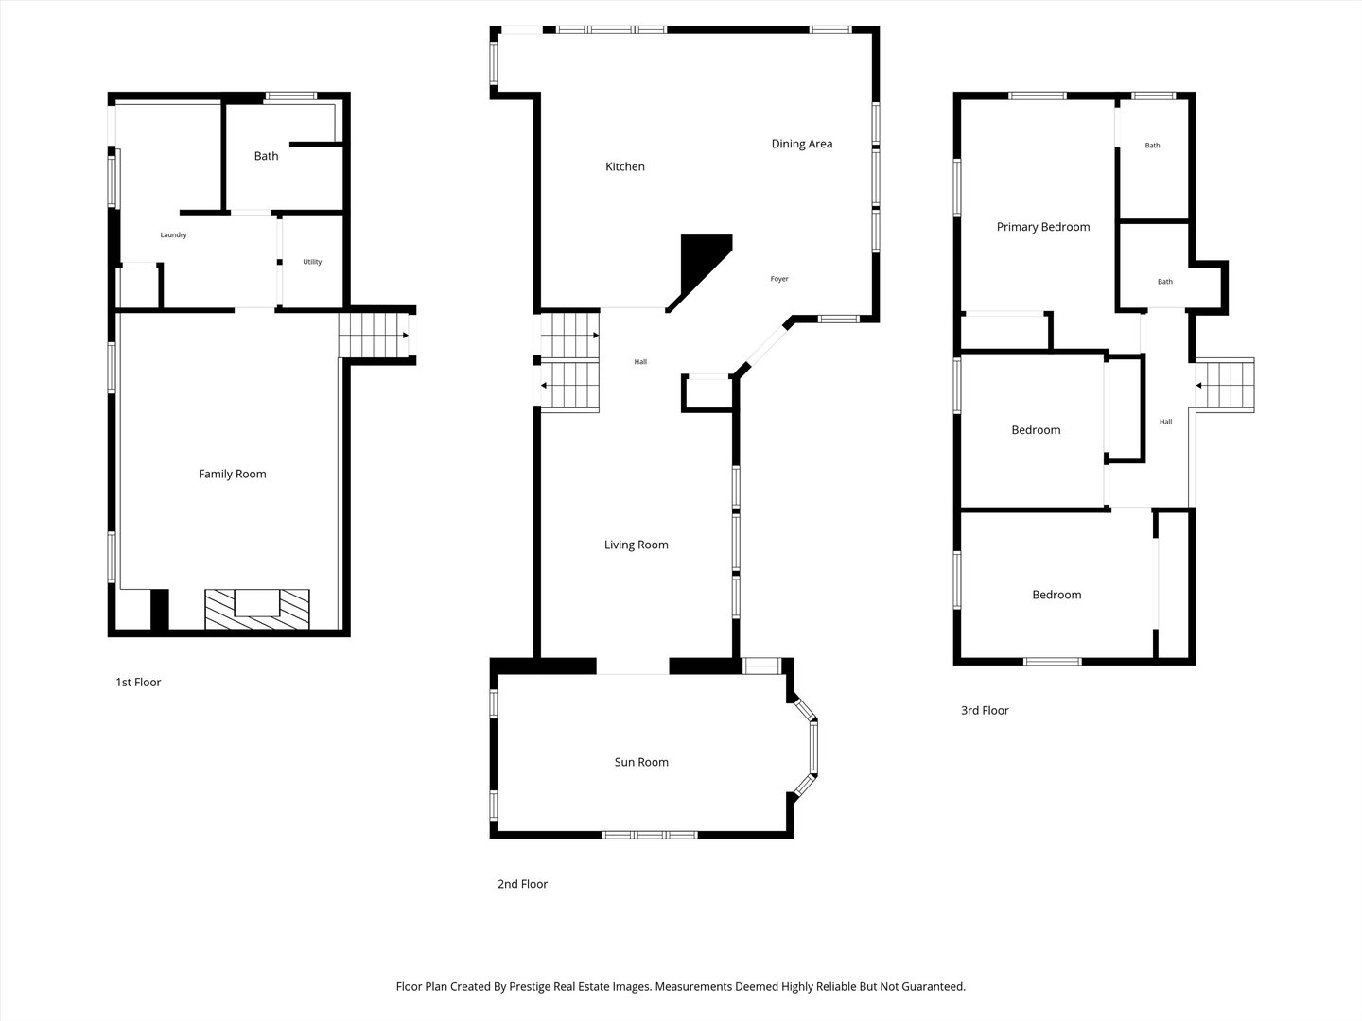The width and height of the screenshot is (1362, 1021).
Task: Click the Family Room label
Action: [x=232, y=475]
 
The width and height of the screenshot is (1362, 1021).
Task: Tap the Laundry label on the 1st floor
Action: [x=173, y=235]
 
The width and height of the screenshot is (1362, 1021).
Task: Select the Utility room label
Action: [x=312, y=262]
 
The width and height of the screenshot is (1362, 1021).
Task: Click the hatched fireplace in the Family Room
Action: [x=257, y=609]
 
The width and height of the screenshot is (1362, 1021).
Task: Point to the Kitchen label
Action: [x=625, y=166]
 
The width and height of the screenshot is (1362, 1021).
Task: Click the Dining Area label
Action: [x=802, y=144]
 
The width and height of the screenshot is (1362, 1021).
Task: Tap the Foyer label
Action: [x=779, y=279]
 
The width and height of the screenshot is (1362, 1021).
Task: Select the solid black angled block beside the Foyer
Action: [x=701, y=267]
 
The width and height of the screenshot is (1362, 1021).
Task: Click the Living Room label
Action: [x=636, y=545]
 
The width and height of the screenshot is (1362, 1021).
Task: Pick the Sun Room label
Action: [x=641, y=763]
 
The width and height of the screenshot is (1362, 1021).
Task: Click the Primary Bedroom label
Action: [x=1043, y=227]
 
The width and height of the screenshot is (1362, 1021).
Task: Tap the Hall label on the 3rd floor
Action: [x=1166, y=423]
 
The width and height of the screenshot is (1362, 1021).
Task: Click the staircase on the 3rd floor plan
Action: [x=1225, y=385]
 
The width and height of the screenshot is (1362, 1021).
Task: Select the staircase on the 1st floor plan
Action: [x=374, y=336]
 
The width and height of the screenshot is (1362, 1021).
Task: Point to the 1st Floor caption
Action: [x=138, y=683]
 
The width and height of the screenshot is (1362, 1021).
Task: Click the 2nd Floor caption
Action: [x=522, y=884]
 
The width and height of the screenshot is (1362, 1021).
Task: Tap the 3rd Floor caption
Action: [x=985, y=710]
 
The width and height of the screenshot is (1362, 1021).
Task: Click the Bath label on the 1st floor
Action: [x=266, y=156]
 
